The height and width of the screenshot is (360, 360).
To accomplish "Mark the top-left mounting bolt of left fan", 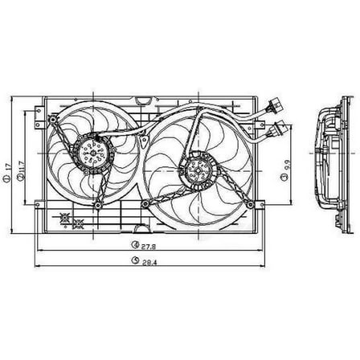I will coord(55,117).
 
